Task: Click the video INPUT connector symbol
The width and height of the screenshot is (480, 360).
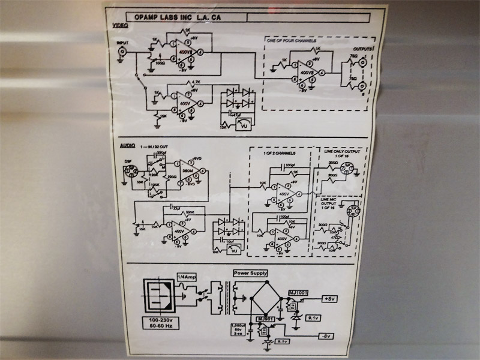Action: pos(123,53)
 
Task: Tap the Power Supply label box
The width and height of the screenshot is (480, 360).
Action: pos(250,273)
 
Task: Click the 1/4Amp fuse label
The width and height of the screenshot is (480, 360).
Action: pos(185,277)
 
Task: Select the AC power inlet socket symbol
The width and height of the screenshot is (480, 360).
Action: pos(159,296)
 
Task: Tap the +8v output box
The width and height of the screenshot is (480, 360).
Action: pos(331,298)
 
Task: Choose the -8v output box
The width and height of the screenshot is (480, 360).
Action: pos(326,335)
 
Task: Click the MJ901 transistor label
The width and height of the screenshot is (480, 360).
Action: pos(265,319)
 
